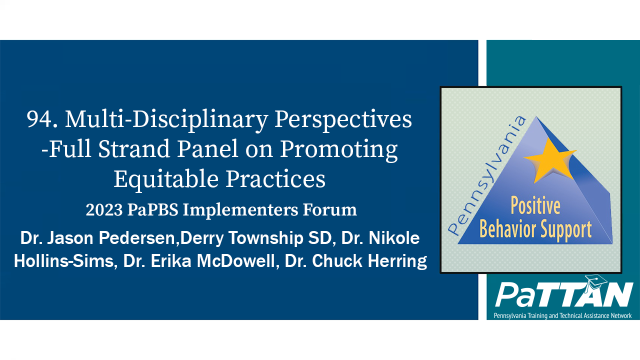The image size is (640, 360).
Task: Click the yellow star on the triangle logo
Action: (549, 159)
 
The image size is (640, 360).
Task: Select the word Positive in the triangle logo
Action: (535, 206)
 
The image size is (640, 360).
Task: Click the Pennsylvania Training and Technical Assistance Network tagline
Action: (562, 315)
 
